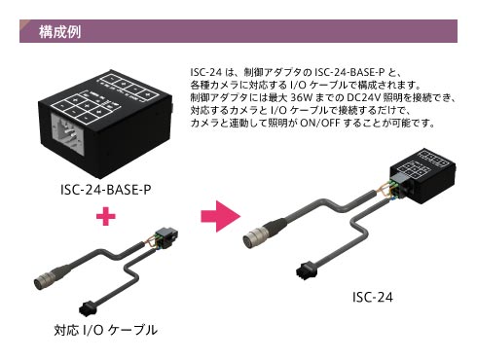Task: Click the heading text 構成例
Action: [x=59, y=32]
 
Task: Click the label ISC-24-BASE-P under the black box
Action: [x=106, y=190]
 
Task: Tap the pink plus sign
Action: [x=106, y=216]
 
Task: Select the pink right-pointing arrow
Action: [x=221, y=216]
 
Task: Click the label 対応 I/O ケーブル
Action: [x=106, y=330]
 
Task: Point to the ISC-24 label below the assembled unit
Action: [x=373, y=297]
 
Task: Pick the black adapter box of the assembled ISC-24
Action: [x=422, y=176]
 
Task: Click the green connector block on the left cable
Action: [x=166, y=238]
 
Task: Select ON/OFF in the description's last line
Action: [x=320, y=123]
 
